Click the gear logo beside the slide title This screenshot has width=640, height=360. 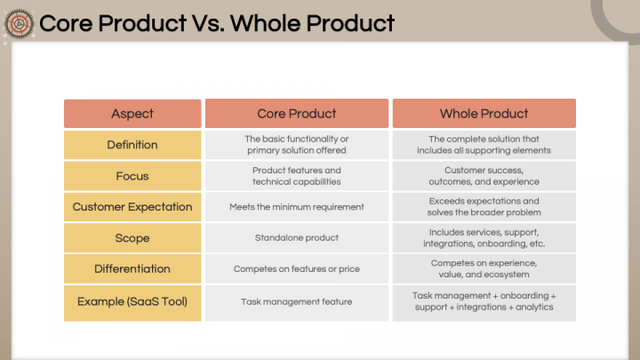tap(19, 24)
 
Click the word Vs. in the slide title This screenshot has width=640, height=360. tap(208, 23)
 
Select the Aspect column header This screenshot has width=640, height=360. tap(132, 114)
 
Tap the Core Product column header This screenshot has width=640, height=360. tap(297, 114)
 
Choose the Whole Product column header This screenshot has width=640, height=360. tap(484, 114)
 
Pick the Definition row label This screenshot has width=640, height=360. tap(132, 145)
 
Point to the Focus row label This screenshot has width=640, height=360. tap(132, 176)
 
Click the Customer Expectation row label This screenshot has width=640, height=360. tap(132, 207)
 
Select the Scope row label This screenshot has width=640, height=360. tap(132, 238)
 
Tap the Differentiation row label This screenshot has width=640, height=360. tap(132, 269)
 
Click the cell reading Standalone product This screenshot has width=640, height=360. tap(297, 238)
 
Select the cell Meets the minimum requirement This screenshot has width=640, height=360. tap(297, 207)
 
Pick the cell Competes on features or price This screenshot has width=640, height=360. tap(297, 269)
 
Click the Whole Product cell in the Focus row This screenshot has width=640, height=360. tap(484, 176)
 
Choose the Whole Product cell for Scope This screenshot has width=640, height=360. tap(484, 238)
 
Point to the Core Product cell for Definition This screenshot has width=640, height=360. tap(297, 145)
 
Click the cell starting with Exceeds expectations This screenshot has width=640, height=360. tap(484, 207)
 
